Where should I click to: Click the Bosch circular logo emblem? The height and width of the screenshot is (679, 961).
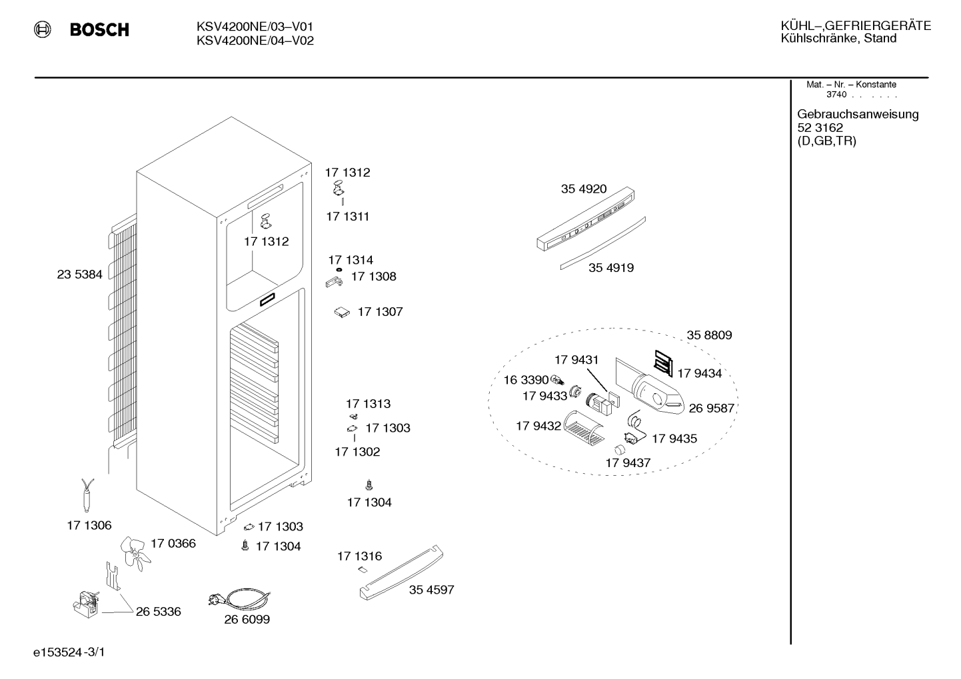coord(43,29)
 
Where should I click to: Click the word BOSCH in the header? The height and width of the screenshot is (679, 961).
coord(99,29)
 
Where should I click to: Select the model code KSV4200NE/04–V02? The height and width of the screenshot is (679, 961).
coord(255,41)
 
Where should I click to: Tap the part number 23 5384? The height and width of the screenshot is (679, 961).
coord(80,275)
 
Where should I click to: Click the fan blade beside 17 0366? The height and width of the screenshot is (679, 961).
coord(135,553)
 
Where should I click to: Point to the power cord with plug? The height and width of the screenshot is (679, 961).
coord(240,598)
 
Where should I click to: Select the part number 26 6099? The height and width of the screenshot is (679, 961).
coord(247,620)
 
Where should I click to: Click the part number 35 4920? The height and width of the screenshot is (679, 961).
coord(584,189)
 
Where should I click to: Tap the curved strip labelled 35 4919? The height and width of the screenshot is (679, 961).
coord(602,243)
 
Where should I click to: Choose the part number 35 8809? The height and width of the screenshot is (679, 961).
coord(709,335)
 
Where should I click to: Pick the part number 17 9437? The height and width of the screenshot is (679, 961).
coord(628,463)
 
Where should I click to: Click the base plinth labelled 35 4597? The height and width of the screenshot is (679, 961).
coord(401,572)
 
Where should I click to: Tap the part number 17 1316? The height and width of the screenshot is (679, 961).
coord(359,556)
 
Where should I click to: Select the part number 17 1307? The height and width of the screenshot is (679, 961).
coord(381,312)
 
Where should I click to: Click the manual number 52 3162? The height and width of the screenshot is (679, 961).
coord(820,128)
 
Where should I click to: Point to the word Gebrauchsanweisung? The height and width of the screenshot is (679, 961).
coord(858,115)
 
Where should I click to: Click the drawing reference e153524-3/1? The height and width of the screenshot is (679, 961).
coord(69,652)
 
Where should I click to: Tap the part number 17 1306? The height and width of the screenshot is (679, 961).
coord(89,526)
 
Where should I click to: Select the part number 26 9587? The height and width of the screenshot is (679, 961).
coord(712,408)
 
